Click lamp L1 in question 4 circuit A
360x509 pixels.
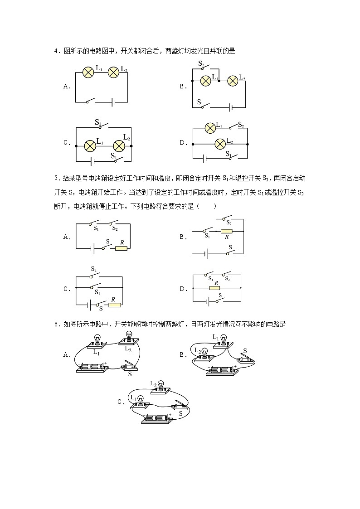[x=88, y=72]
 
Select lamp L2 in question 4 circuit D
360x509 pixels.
[x=220, y=144]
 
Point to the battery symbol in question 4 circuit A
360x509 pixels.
[x=114, y=102]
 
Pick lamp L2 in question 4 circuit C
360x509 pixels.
[x=119, y=145]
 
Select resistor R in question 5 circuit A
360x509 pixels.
[x=121, y=248]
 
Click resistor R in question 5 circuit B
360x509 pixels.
[x=226, y=231]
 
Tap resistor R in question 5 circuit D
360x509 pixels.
[x=214, y=288]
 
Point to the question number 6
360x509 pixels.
[x=56, y=324]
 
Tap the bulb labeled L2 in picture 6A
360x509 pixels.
[x=128, y=336]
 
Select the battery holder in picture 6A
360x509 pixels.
[x=93, y=367]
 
